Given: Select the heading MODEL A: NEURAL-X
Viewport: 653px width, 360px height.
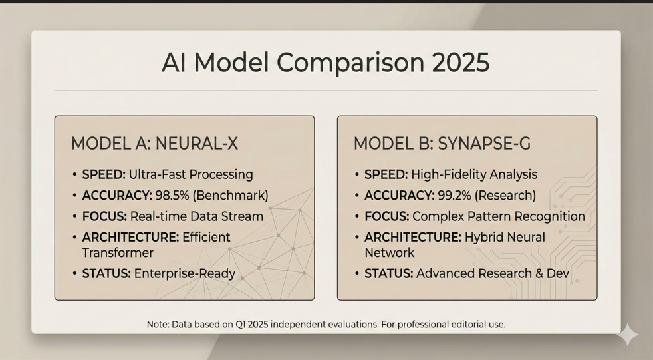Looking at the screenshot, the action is (x=154, y=144).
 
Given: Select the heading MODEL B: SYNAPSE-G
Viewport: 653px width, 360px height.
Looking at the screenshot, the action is (x=442, y=144).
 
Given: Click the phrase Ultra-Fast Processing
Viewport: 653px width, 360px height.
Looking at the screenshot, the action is (x=191, y=174).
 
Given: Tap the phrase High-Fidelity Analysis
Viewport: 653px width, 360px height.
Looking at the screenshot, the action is (x=474, y=174).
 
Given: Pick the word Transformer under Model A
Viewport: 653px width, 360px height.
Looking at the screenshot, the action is (x=118, y=252).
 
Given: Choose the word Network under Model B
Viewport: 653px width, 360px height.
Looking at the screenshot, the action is (x=390, y=252).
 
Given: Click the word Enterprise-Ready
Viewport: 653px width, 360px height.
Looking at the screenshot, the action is (x=185, y=273).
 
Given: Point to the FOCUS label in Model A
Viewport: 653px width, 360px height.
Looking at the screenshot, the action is (x=104, y=216).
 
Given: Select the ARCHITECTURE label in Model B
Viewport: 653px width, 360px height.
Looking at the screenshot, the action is (x=413, y=237).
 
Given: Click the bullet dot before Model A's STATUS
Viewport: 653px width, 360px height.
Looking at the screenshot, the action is (x=74, y=273).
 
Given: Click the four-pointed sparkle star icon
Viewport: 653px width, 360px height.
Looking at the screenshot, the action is (x=628, y=334).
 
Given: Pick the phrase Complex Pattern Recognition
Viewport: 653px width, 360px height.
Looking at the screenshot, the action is (x=499, y=217).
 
